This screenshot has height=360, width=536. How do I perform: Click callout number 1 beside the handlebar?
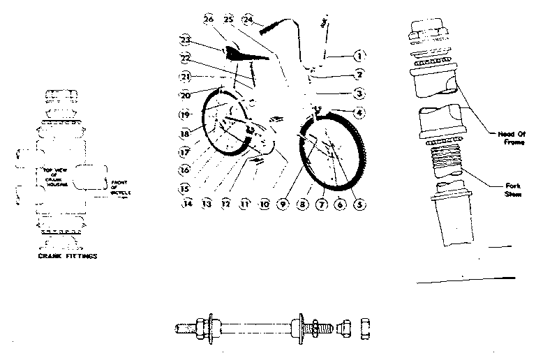[358, 54]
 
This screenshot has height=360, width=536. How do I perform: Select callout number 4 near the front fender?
[358, 113]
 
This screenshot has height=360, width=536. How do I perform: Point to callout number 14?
[186, 204]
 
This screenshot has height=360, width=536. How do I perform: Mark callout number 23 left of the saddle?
[185, 39]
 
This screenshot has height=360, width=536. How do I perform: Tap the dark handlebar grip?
[269, 29]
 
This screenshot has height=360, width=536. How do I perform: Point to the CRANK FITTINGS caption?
[67, 256]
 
